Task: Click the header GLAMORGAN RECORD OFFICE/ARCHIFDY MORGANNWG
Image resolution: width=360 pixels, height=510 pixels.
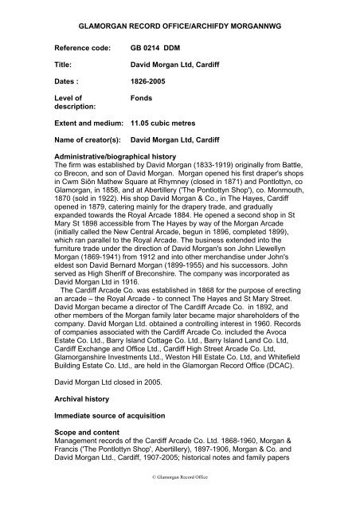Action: [x=180, y=15]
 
